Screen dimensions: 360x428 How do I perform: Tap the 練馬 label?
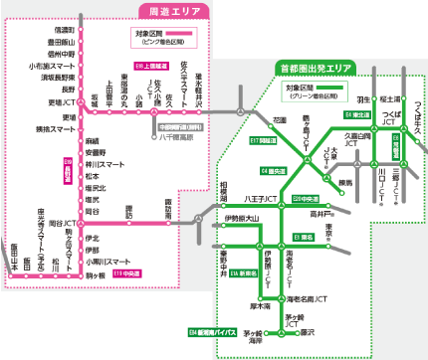345,182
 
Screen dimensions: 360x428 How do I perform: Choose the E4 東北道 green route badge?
354,115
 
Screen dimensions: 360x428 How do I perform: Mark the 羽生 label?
363,100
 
